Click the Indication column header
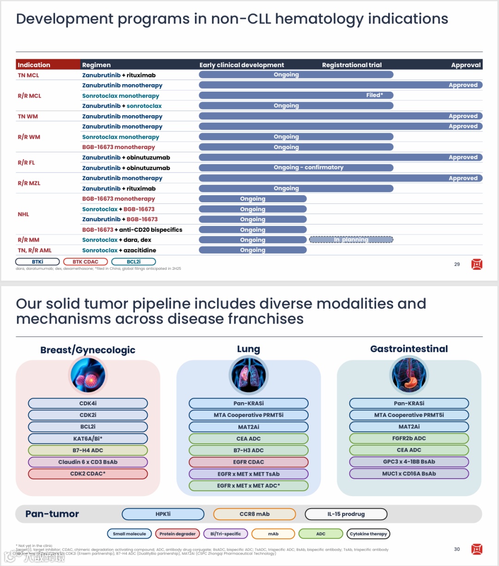coord(34,65)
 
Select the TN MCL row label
coord(29,75)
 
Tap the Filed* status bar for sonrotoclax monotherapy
coord(296,95)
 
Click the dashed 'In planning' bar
coord(351,240)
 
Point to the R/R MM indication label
coord(29,240)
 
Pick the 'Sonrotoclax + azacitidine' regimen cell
coord(119,250)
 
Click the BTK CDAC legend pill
coord(85,262)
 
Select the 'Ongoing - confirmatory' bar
coord(296,168)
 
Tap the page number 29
coord(457,264)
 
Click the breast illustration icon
coord(88,375)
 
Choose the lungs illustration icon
coord(249,375)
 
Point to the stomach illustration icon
coord(409,375)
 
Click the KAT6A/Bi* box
coord(88,438)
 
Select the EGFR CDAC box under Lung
coord(249,462)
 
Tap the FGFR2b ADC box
coord(409,438)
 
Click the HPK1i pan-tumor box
coord(163,514)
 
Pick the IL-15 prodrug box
coord(346,514)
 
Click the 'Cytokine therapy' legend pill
coord(368,534)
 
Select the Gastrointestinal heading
coord(409,349)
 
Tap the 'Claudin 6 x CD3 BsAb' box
coord(88,462)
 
